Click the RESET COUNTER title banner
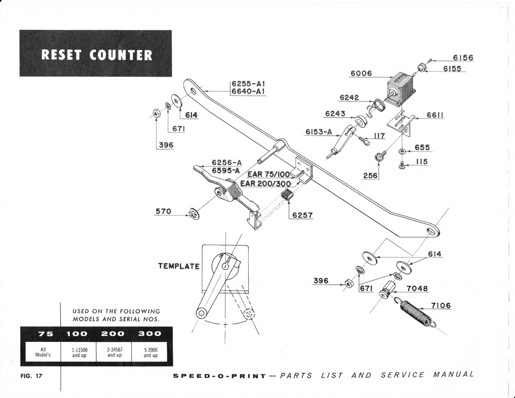[x=96, y=55]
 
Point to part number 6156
[x=462, y=58]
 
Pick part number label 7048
[x=417, y=288]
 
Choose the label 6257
[x=303, y=215]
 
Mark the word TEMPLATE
[x=178, y=266]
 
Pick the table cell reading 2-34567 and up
[x=114, y=353]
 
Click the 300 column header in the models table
[x=150, y=333]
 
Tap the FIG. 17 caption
[x=31, y=376]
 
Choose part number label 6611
[x=435, y=115]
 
